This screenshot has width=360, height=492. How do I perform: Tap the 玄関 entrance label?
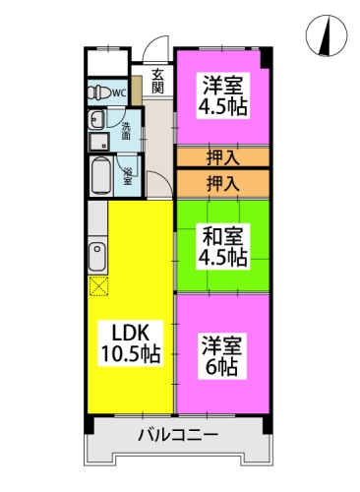[x=157, y=80]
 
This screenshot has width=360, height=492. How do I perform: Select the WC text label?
[x=118, y=93]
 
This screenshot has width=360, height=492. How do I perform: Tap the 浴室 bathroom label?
[x=128, y=177]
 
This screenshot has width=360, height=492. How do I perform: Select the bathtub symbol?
[x=99, y=178]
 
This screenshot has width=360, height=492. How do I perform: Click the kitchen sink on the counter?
[x=96, y=259]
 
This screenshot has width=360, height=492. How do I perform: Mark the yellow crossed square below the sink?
[x=97, y=287]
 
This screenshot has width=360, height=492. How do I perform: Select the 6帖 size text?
[x=222, y=368]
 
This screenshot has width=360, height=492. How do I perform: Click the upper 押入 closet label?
[x=222, y=156]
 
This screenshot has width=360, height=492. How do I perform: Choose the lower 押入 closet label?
[x=222, y=183]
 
